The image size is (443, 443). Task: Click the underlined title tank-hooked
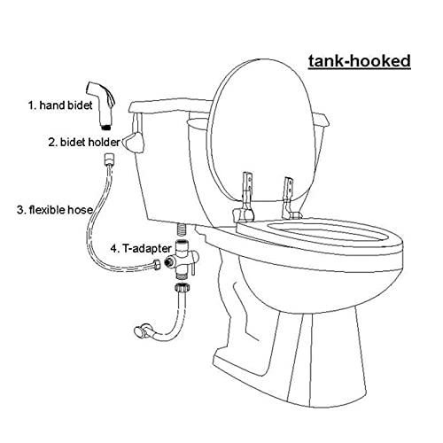(x=359, y=61)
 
